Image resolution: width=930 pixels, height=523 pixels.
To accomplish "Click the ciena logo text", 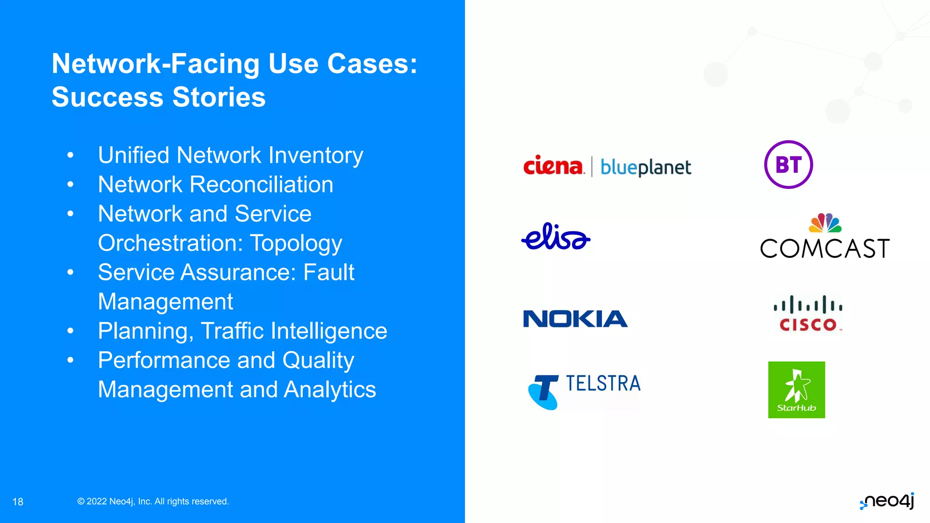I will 553,166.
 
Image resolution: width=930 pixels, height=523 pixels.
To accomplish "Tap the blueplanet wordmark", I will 645,168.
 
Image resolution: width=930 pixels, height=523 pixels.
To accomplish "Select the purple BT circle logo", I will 788,164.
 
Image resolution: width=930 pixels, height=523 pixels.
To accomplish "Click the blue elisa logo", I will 556,237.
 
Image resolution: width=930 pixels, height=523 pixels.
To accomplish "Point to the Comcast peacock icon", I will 825,223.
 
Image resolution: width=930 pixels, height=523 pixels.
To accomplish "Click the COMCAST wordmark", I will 825,249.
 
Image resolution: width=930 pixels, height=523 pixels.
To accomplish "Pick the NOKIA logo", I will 575,319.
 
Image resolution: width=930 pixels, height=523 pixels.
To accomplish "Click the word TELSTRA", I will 603,384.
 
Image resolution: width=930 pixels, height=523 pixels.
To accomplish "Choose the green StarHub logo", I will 796,390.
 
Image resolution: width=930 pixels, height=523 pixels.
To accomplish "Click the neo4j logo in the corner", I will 887,501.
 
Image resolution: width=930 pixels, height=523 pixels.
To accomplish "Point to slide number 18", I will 18,502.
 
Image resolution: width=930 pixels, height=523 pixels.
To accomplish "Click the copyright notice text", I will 153,501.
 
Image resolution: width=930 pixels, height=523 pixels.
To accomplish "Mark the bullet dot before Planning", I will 70,331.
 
